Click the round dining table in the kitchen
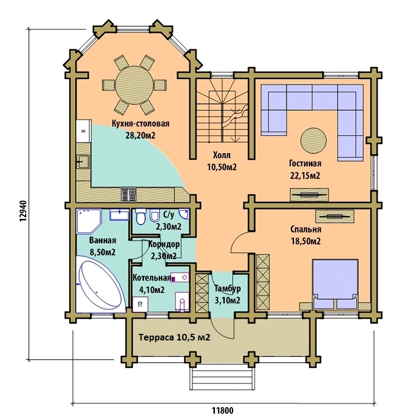click(135, 85)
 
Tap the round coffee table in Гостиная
click(314, 141)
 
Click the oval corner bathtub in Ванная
click(101, 285)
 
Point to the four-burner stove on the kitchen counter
click(129, 195)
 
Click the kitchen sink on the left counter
click(83, 161)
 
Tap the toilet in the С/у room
click(141, 217)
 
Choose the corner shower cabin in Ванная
click(89, 222)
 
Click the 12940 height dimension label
click(23, 211)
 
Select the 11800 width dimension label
click(223, 410)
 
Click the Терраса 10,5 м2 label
click(174, 337)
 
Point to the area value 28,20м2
click(141, 135)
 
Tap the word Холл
click(222, 155)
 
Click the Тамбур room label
click(228, 289)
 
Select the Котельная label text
click(152, 278)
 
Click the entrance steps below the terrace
click(222, 379)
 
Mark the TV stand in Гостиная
click(309, 195)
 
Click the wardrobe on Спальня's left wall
click(263, 282)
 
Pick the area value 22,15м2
click(305, 176)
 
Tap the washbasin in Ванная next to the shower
click(119, 215)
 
